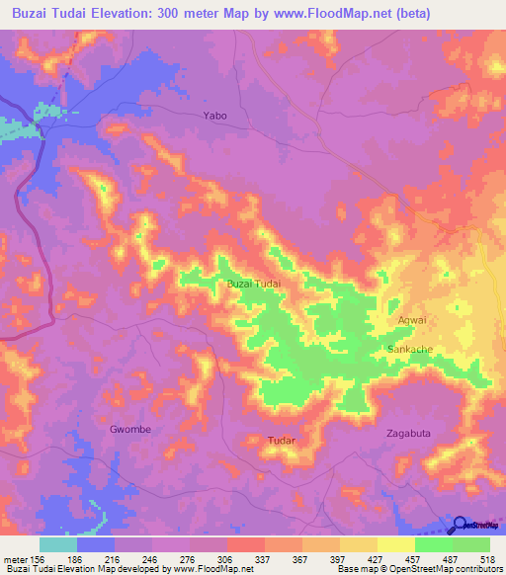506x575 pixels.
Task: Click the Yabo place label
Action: [x=214, y=116]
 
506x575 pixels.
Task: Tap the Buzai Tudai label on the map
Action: [x=254, y=284]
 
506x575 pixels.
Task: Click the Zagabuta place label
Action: [x=409, y=433]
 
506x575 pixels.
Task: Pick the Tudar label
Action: [x=282, y=440]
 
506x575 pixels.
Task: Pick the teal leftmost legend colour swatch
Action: [x=58, y=544]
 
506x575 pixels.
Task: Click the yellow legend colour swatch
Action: [x=359, y=544]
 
